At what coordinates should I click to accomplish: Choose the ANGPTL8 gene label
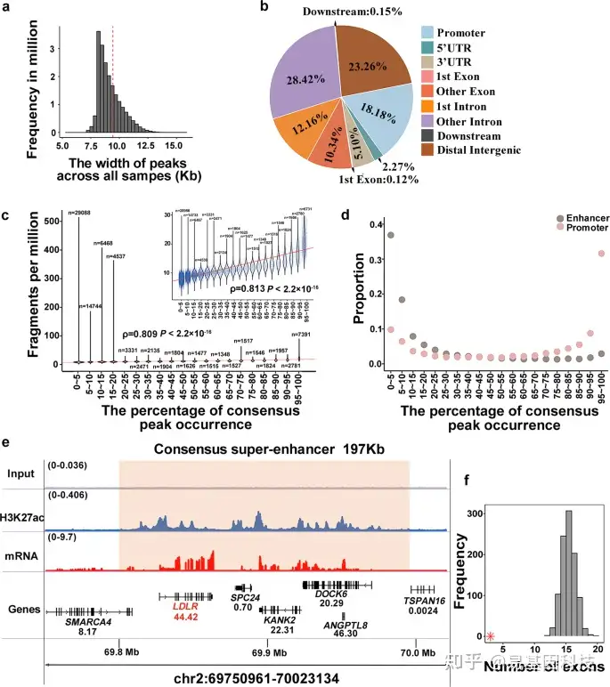342,626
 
